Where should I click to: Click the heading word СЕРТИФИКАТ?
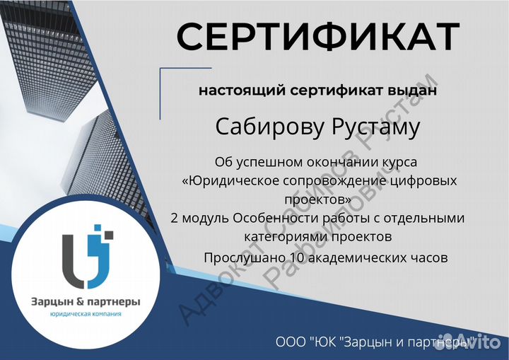point(317,37)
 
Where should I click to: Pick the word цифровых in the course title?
point(423,181)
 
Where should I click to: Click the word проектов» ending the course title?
point(317,199)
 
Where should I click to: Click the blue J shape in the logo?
point(99,255)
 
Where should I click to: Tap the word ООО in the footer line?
point(291,342)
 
